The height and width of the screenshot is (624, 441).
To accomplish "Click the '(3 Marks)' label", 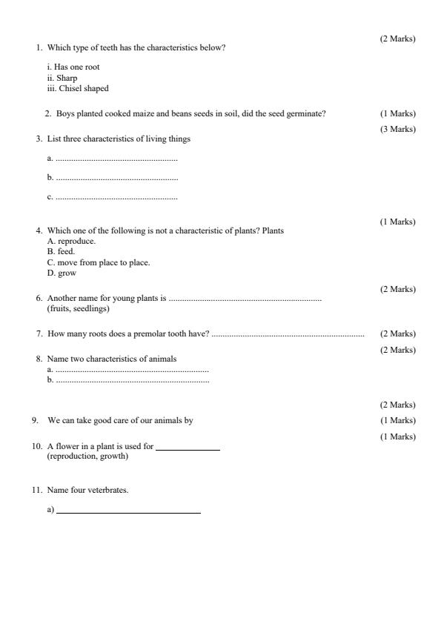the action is (x=398, y=130).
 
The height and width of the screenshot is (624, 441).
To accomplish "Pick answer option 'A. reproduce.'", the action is (x=71, y=241).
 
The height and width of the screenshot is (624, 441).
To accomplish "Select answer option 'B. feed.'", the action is (x=61, y=251).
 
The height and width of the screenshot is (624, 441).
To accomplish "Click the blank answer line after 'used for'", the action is (x=188, y=449).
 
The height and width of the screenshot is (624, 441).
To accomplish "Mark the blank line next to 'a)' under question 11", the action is (x=128, y=512).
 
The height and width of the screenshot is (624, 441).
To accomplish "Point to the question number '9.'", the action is (x=35, y=420).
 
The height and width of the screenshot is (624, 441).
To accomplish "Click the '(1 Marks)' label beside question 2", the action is (x=398, y=113).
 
